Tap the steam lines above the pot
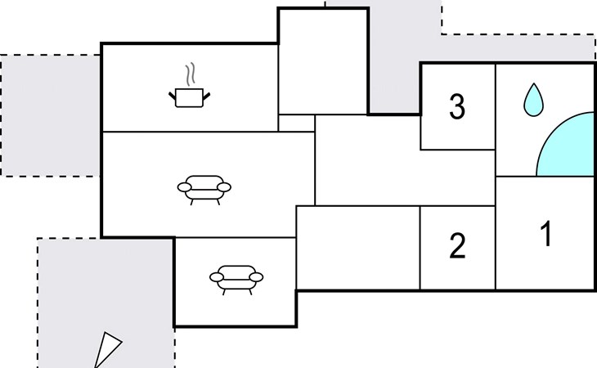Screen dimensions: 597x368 191,74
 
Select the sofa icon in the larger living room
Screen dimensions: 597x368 204,190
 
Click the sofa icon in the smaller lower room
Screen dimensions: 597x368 236,280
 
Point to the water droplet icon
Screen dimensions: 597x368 533,100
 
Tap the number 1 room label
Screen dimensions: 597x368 546,234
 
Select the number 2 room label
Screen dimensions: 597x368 457,246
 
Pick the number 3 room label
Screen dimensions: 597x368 457,106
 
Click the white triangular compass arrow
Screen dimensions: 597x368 106,350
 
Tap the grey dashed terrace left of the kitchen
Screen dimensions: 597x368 50,115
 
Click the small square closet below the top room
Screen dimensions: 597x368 297,123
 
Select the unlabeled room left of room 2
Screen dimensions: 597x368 358,248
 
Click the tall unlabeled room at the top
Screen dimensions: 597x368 323,61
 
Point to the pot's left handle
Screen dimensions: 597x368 172,96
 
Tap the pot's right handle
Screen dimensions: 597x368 206,96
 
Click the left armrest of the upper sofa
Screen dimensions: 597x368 184,187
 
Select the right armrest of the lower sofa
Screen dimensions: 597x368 256,277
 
